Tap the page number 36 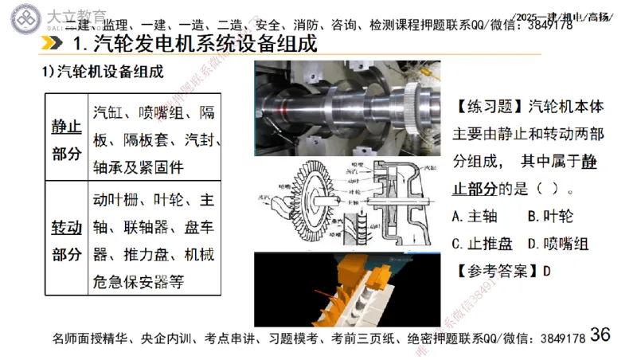(x=600, y=335)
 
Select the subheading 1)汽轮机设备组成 (x=104, y=72)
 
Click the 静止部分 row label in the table (x=67, y=140)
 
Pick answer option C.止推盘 (x=483, y=243)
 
